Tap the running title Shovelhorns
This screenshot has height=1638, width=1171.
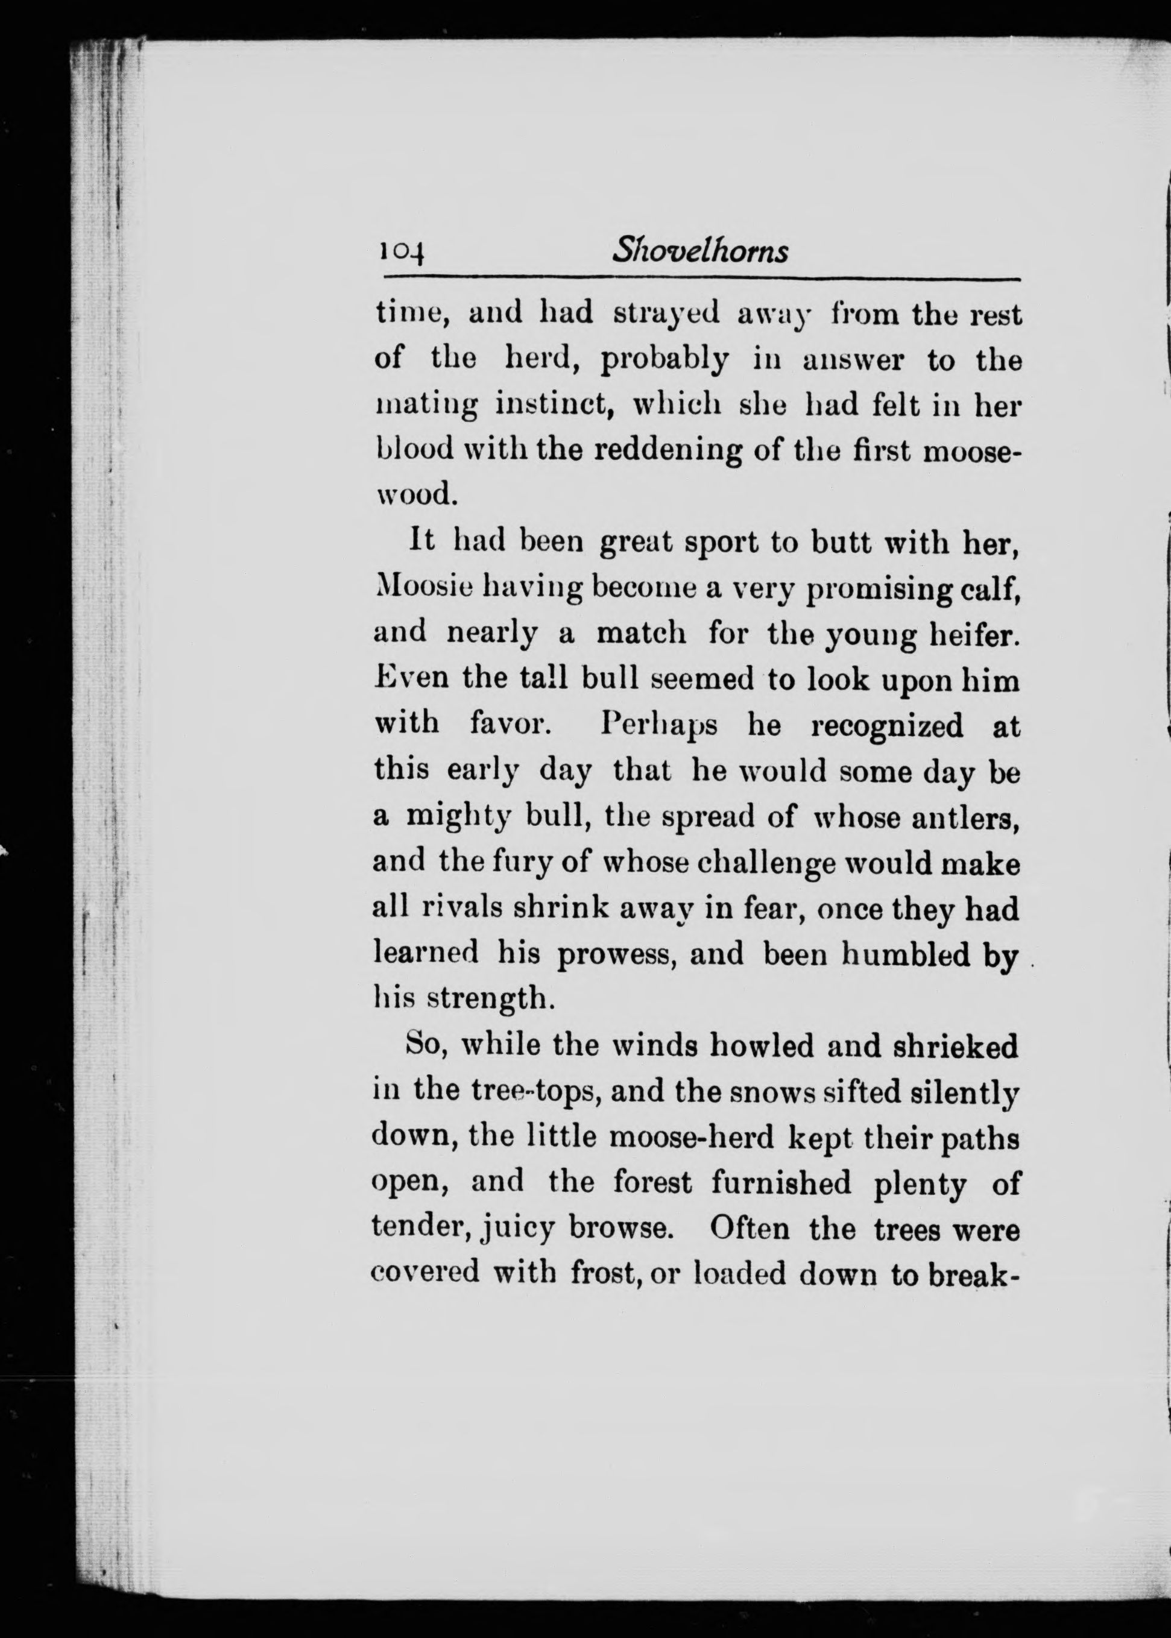click(699, 251)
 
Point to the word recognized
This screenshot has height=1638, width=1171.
click(887, 726)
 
